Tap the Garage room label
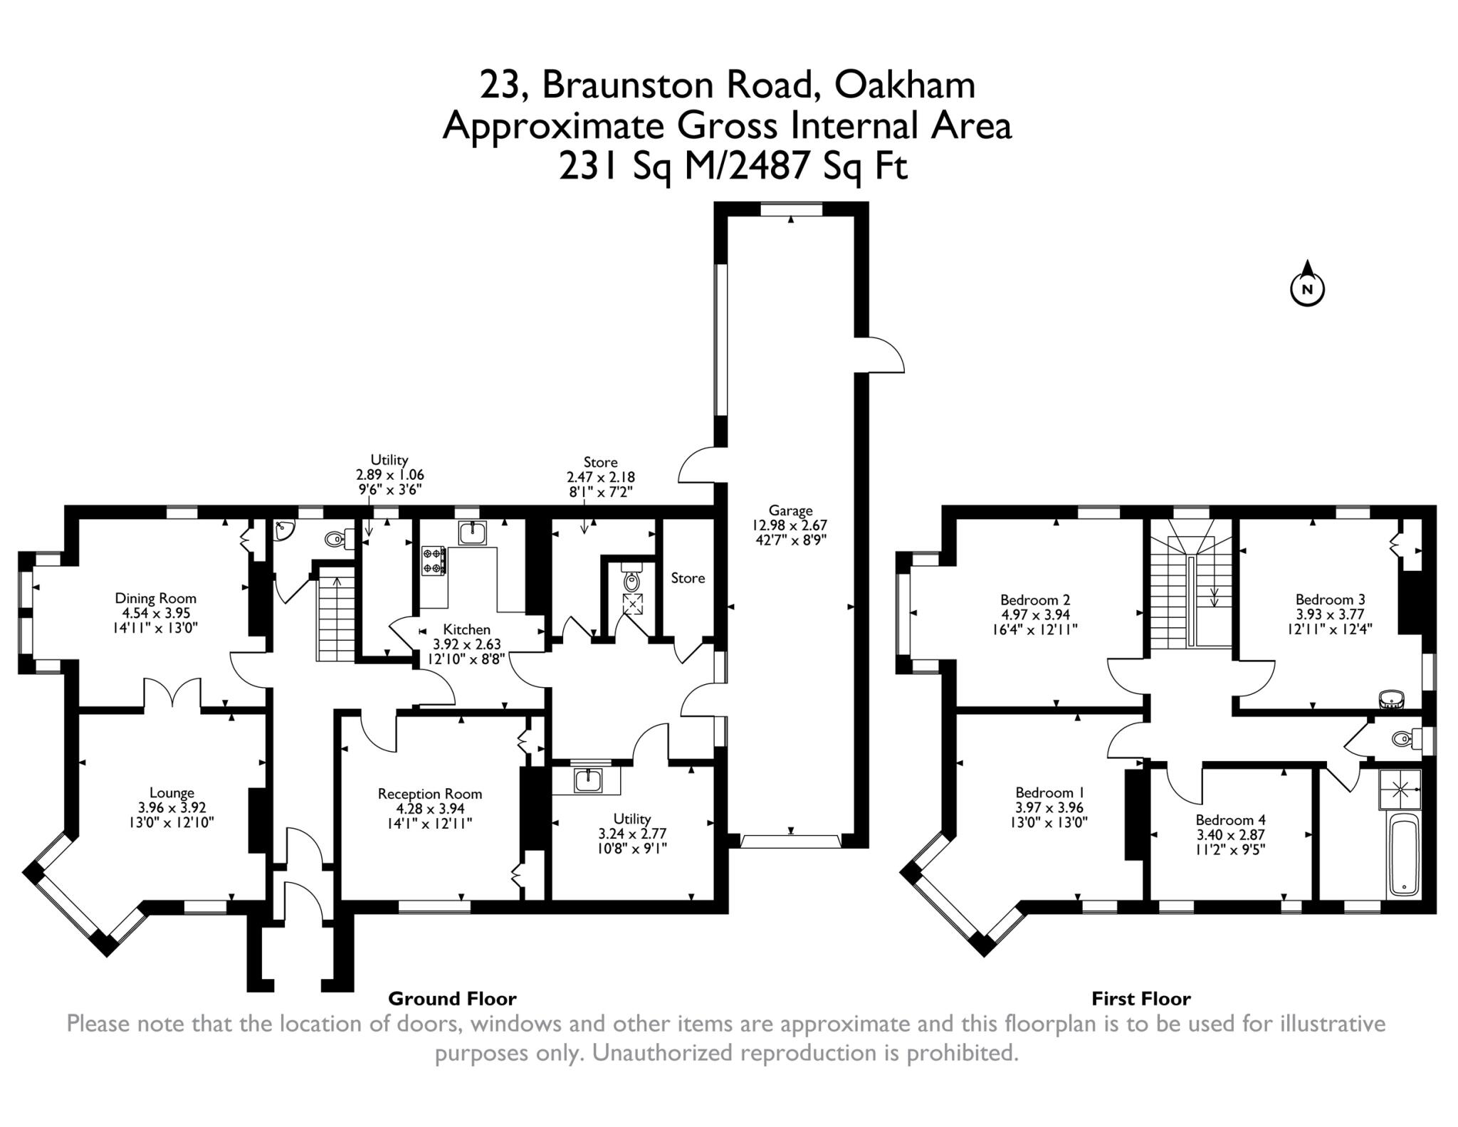tap(790, 510)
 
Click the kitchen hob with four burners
tap(434, 560)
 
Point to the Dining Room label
tap(155, 599)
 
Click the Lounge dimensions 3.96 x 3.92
tap(172, 807)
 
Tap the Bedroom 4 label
tap(1230, 820)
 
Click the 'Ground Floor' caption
tap(452, 999)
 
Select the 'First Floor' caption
tap(1140, 999)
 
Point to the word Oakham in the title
tap(904, 85)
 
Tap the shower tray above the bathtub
tap(1400, 790)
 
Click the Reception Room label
tap(429, 794)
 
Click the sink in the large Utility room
tap(588, 780)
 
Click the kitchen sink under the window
tap(472, 533)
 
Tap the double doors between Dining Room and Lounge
tap(173, 695)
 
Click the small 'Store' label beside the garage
tap(688, 578)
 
